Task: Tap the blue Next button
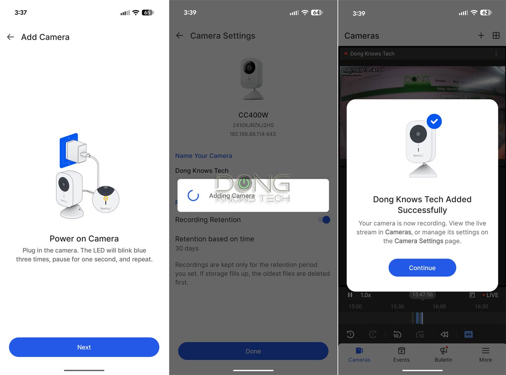(x=84, y=347)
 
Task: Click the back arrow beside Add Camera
(x=11, y=37)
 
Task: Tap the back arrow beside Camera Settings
(x=180, y=36)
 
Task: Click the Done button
(x=253, y=351)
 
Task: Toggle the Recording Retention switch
(x=324, y=220)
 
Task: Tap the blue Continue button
(x=422, y=268)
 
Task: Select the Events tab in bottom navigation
(x=401, y=354)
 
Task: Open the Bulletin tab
(x=443, y=354)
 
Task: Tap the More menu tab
(x=485, y=354)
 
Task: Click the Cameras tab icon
(x=359, y=351)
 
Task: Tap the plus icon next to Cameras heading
(x=481, y=35)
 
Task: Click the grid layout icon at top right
(x=496, y=35)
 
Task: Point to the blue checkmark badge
(x=434, y=122)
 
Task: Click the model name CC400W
(x=253, y=115)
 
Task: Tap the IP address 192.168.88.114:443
(x=253, y=134)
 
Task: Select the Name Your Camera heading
(x=204, y=156)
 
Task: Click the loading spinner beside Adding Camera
(x=193, y=195)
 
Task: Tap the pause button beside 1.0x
(x=350, y=295)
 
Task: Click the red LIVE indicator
(x=490, y=295)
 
